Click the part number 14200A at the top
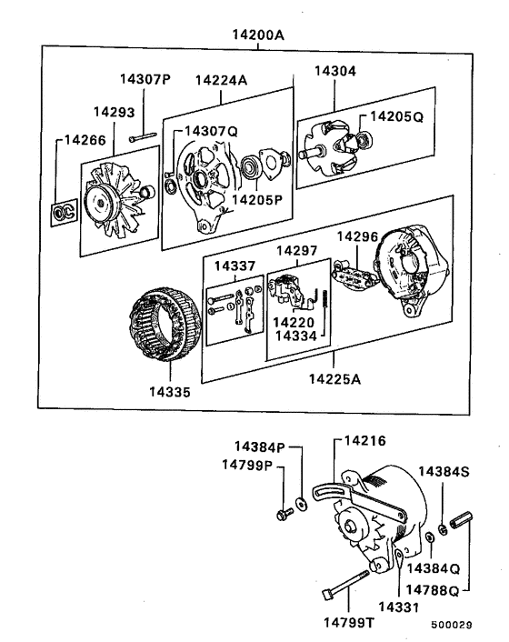click(x=258, y=35)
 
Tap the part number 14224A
click(x=221, y=80)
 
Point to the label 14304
click(x=336, y=70)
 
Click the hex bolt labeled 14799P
click(x=280, y=516)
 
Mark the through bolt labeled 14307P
click(x=145, y=138)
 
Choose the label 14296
click(x=356, y=236)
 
